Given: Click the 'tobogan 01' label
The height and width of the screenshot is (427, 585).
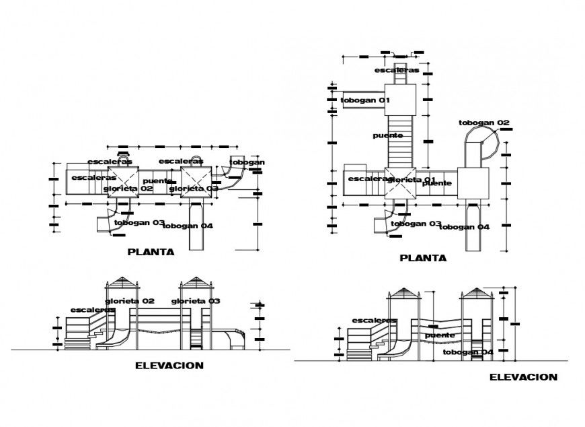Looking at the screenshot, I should [x=365, y=100].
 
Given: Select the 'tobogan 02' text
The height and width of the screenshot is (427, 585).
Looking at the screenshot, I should [x=484, y=123].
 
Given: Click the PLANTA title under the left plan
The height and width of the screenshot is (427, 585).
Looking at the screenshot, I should [x=151, y=253].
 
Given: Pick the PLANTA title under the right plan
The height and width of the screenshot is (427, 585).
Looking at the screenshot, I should [x=423, y=257].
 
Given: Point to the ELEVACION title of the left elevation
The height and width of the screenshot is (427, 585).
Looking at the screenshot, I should [x=169, y=366].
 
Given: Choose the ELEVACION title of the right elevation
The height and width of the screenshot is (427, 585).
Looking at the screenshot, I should [x=522, y=377].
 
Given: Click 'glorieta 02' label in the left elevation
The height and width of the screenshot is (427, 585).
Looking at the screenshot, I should [x=129, y=300].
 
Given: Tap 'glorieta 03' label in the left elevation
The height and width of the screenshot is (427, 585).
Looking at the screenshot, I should [x=195, y=300].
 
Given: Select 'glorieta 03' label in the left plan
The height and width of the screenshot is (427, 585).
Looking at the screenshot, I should [x=194, y=189].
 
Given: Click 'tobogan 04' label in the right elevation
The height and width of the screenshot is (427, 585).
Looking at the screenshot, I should [x=468, y=352].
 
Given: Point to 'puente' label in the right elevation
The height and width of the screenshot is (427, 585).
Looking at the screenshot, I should [x=440, y=335].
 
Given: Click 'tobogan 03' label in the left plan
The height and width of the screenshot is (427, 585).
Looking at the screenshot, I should [x=140, y=222].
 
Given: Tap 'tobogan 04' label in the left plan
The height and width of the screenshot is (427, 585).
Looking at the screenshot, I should [x=188, y=226].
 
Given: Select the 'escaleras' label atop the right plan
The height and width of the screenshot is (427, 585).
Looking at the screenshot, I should [x=397, y=70].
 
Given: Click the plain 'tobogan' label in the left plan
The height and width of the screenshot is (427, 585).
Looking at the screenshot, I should [x=247, y=162].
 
